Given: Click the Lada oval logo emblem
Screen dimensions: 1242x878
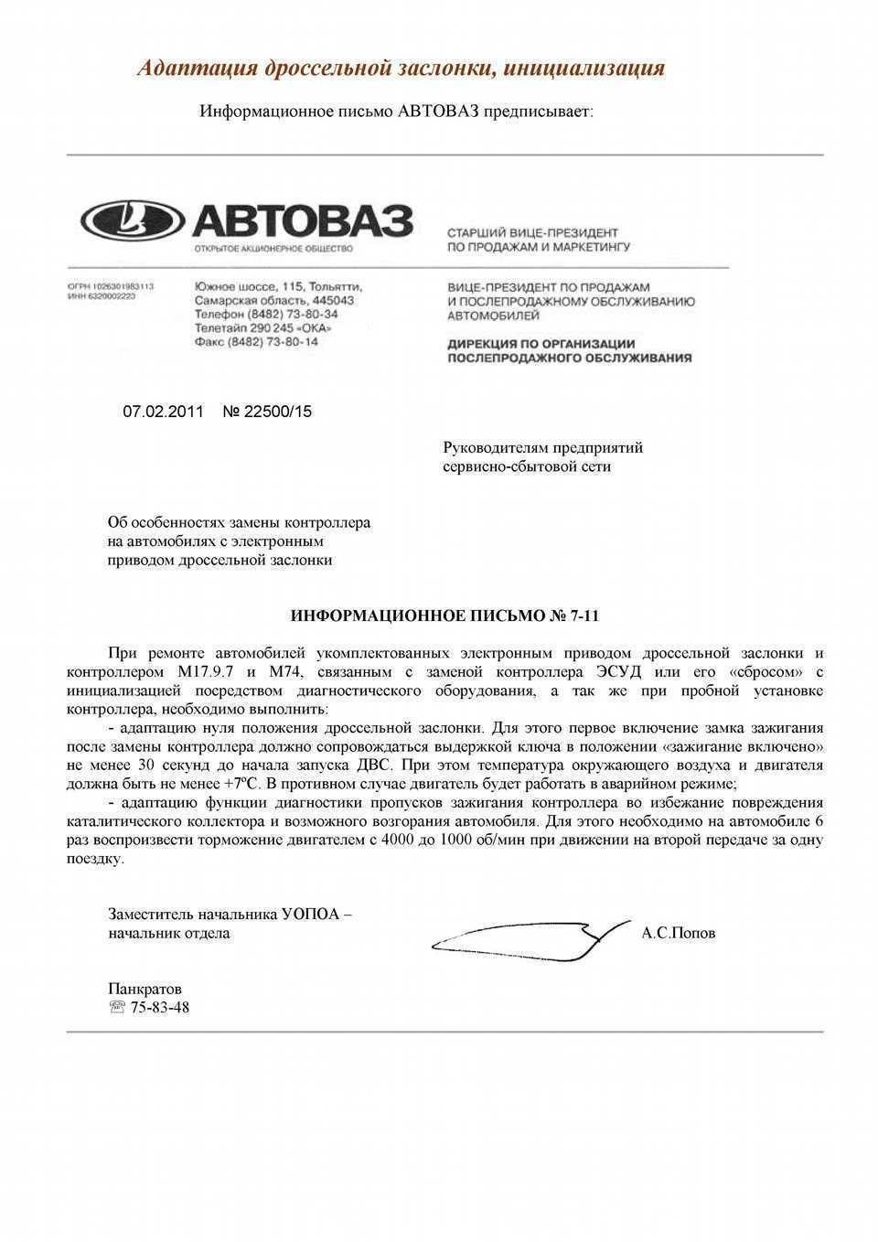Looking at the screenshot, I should point(133,219).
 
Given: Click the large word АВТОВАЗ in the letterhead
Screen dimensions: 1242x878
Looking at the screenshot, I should point(301,219).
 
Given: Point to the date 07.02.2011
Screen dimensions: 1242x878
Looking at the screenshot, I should point(163,412).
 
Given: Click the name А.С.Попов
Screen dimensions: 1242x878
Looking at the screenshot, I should point(678,934).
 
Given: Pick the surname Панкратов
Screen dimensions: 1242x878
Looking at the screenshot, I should point(145,989).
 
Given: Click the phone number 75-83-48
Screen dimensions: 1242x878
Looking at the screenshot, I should point(160,1008).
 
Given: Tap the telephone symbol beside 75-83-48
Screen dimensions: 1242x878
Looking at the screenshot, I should point(117,1008).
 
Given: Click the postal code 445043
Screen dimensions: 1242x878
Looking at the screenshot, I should point(333,300).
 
